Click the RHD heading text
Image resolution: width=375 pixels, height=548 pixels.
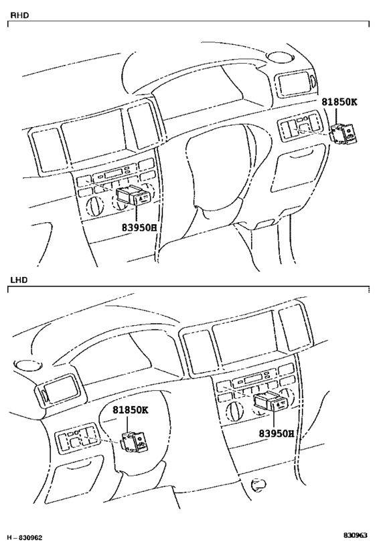pyautogui.click(x=19, y=15)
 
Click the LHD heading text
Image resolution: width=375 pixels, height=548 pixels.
pyautogui.click(x=19, y=280)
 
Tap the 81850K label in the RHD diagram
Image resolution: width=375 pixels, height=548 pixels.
pyautogui.click(x=340, y=102)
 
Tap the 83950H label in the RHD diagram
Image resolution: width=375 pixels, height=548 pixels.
pyautogui.click(x=139, y=227)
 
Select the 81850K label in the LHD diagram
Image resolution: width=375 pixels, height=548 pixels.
pyautogui.click(x=130, y=409)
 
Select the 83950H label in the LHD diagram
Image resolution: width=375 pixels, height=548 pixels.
pyautogui.click(x=276, y=434)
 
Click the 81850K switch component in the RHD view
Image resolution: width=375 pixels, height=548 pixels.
pyautogui.click(x=344, y=134)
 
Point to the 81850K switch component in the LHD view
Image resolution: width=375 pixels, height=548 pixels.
pyautogui.click(x=135, y=441)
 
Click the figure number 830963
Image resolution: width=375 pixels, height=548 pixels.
pyautogui.click(x=355, y=535)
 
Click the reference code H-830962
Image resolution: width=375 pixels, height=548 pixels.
pyautogui.click(x=25, y=537)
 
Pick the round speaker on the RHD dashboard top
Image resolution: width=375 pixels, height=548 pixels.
pyautogui.click(x=279, y=57)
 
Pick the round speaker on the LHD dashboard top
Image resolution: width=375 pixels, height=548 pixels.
pyautogui.click(x=27, y=365)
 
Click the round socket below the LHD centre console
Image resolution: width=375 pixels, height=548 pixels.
pyautogui.click(x=259, y=484)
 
